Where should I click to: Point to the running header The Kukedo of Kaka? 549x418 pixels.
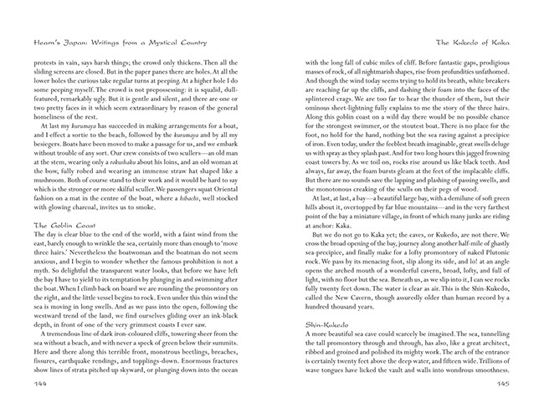(x=480, y=41)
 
